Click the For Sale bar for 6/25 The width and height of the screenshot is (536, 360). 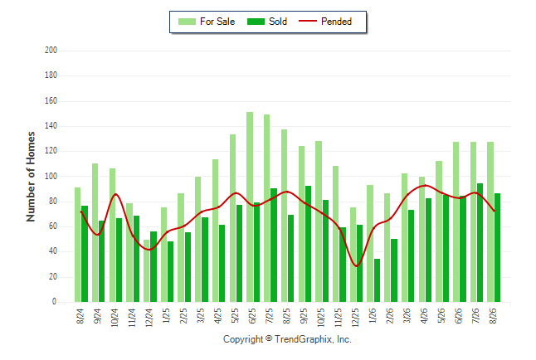coord(250,207)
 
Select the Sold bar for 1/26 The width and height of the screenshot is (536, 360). coord(377,280)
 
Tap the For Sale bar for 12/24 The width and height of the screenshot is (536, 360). coord(146,270)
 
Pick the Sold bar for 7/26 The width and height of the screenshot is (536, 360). coord(480,243)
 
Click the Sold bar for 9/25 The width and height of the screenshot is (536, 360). coord(308,244)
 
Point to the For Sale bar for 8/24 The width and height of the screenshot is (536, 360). coord(78,245)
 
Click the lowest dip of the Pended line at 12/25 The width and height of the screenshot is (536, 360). coord(357,266)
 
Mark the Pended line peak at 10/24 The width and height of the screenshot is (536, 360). coord(115,194)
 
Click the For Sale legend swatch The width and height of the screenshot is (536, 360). coord(187,22)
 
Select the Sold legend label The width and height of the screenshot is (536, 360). coord(278,22)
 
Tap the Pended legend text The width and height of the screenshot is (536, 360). coord(336,22)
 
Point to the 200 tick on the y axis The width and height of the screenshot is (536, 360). coord(51,51)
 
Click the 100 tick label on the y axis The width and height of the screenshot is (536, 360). coord(51,177)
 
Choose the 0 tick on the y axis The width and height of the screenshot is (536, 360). coord(55,302)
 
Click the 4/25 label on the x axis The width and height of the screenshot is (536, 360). coord(217,316)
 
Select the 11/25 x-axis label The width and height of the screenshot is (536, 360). coord(338,318)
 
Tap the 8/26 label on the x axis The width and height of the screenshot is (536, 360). coord(493,316)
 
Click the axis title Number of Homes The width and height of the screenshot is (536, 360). coord(31,177)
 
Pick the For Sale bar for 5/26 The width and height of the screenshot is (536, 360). coord(439,231)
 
